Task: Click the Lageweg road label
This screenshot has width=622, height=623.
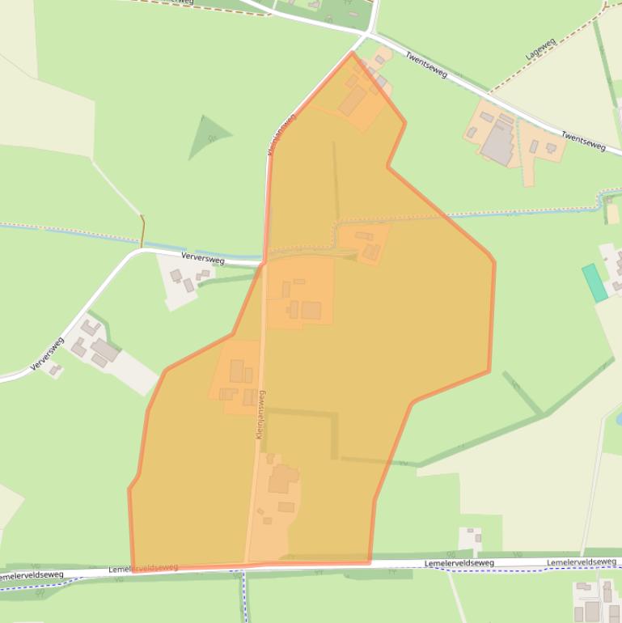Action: pyautogui.click(x=541, y=49)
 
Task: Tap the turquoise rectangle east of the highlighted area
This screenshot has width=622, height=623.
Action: pyautogui.click(x=594, y=282)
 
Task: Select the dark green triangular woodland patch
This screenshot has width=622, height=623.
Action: pyautogui.click(x=207, y=135)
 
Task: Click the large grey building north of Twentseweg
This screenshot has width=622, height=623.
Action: pyautogui.click(x=497, y=143)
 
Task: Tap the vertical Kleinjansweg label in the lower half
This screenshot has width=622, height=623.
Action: pyautogui.click(x=260, y=414)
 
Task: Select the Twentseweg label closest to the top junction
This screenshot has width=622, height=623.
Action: pyautogui.click(x=426, y=65)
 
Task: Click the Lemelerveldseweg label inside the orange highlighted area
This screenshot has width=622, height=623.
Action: pyautogui.click(x=143, y=568)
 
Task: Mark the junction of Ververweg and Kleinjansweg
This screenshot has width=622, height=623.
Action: pyautogui.click(x=264, y=263)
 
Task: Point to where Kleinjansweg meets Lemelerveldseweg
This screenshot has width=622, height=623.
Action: pyautogui.click(x=246, y=565)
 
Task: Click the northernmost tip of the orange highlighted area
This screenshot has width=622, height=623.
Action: pyautogui.click(x=352, y=53)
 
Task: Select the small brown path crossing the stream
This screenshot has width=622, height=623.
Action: pyautogui.click(x=142, y=231)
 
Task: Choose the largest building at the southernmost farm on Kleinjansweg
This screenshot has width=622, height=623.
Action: pyautogui.click(x=282, y=478)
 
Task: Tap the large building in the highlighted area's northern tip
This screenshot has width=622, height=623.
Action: pyautogui.click(x=353, y=101)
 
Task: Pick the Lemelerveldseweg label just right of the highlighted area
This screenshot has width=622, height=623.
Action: pyautogui.click(x=459, y=562)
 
